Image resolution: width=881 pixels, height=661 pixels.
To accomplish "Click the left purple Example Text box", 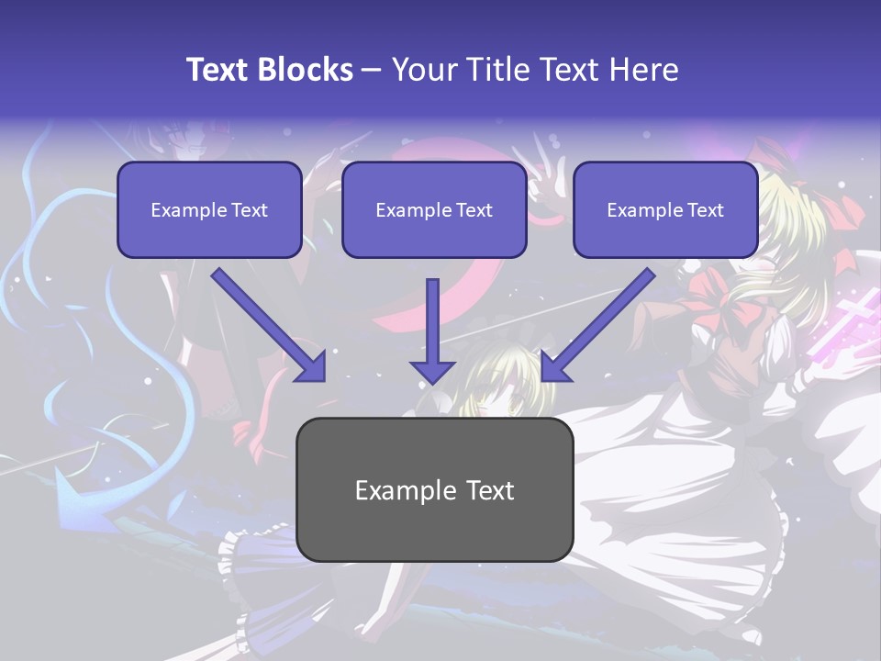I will (209, 209).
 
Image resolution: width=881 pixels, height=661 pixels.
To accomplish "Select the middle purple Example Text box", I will (434, 209).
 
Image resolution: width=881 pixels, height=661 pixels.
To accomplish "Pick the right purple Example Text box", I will (665, 209).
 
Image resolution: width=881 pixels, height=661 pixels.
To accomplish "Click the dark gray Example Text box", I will (434, 489).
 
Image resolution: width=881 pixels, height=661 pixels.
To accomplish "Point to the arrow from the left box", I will (269, 325).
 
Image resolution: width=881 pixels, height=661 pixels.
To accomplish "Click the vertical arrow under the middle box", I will (432, 330).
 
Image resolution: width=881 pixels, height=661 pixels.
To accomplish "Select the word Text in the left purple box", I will (250, 210).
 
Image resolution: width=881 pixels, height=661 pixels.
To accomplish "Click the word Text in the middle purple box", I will (474, 210).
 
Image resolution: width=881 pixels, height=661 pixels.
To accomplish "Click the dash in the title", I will (372, 70).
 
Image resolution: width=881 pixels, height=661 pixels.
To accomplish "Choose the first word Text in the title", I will (219, 70).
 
